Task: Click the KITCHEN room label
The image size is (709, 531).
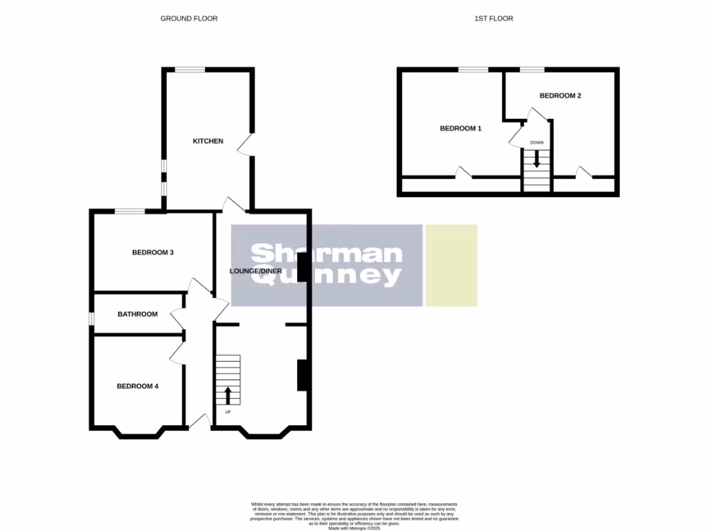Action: pyautogui.click(x=208, y=141)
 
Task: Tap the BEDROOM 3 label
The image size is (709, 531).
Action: pyautogui.click(x=152, y=252)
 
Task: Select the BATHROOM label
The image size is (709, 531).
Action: pyautogui.click(x=137, y=314)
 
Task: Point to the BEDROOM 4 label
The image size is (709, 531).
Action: pyautogui.click(x=137, y=386)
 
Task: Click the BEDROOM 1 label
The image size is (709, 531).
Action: pyautogui.click(x=460, y=128)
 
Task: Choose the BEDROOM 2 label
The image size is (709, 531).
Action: pyautogui.click(x=560, y=95)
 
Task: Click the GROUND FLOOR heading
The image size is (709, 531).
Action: pyautogui.click(x=189, y=19)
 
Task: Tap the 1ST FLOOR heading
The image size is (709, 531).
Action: pyautogui.click(x=494, y=19)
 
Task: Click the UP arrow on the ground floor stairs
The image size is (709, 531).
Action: pyautogui.click(x=228, y=395)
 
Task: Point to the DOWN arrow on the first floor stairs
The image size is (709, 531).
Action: pyautogui.click(x=537, y=159)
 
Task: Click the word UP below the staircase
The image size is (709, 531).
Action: pyautogui.click(x=228, y=412)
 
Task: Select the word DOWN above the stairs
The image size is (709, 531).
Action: pyautogui.click(x=537, y=142)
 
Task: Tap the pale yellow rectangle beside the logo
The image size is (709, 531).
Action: pyautogui.click(x=451, y=265)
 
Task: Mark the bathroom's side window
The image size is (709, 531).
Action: pyautogui.click(x=91, y=317)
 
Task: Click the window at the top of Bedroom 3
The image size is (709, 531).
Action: pyautogui.click(x=129, y=211)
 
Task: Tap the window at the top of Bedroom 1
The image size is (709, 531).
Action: pyautogui.click(x=473, y=69)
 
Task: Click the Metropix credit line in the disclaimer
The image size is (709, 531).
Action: pyautogui.click(x=354, y=528)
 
